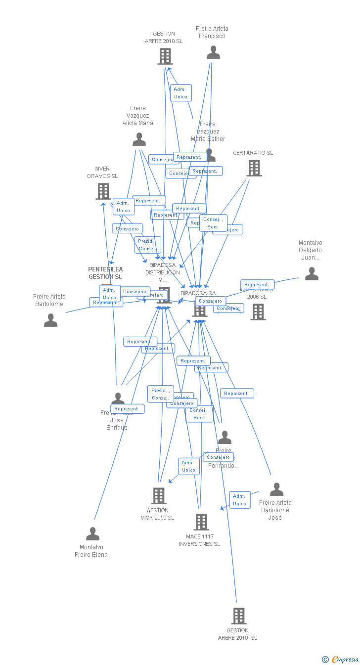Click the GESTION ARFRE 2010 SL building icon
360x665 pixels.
pos(165,56)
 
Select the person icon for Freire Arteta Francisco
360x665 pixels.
pos(213,52)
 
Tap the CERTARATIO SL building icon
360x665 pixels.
pos(254,168)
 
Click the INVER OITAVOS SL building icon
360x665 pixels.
pos(103,191)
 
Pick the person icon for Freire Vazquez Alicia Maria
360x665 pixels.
pos(139,140)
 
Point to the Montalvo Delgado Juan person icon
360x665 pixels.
pos(312,274)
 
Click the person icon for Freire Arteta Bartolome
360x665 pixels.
pos(50,320)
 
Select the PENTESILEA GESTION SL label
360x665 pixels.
pos(105,273)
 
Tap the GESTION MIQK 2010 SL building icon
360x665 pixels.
pos(158,495)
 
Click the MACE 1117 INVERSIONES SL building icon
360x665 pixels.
pos(201,522)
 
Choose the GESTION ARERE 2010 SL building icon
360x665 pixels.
pos(239,616)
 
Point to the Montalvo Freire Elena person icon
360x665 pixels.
pos(92,534)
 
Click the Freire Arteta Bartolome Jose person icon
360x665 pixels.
pos(276,489)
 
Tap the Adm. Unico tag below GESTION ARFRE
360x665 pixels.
pos(180,93)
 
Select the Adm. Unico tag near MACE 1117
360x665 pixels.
pos(239,500)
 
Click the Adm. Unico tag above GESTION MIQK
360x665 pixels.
pos(188,466)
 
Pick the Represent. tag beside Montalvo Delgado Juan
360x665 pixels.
pos(257,285)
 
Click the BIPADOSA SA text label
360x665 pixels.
pos(198,293)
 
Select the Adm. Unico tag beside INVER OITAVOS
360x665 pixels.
pos(123,207)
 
